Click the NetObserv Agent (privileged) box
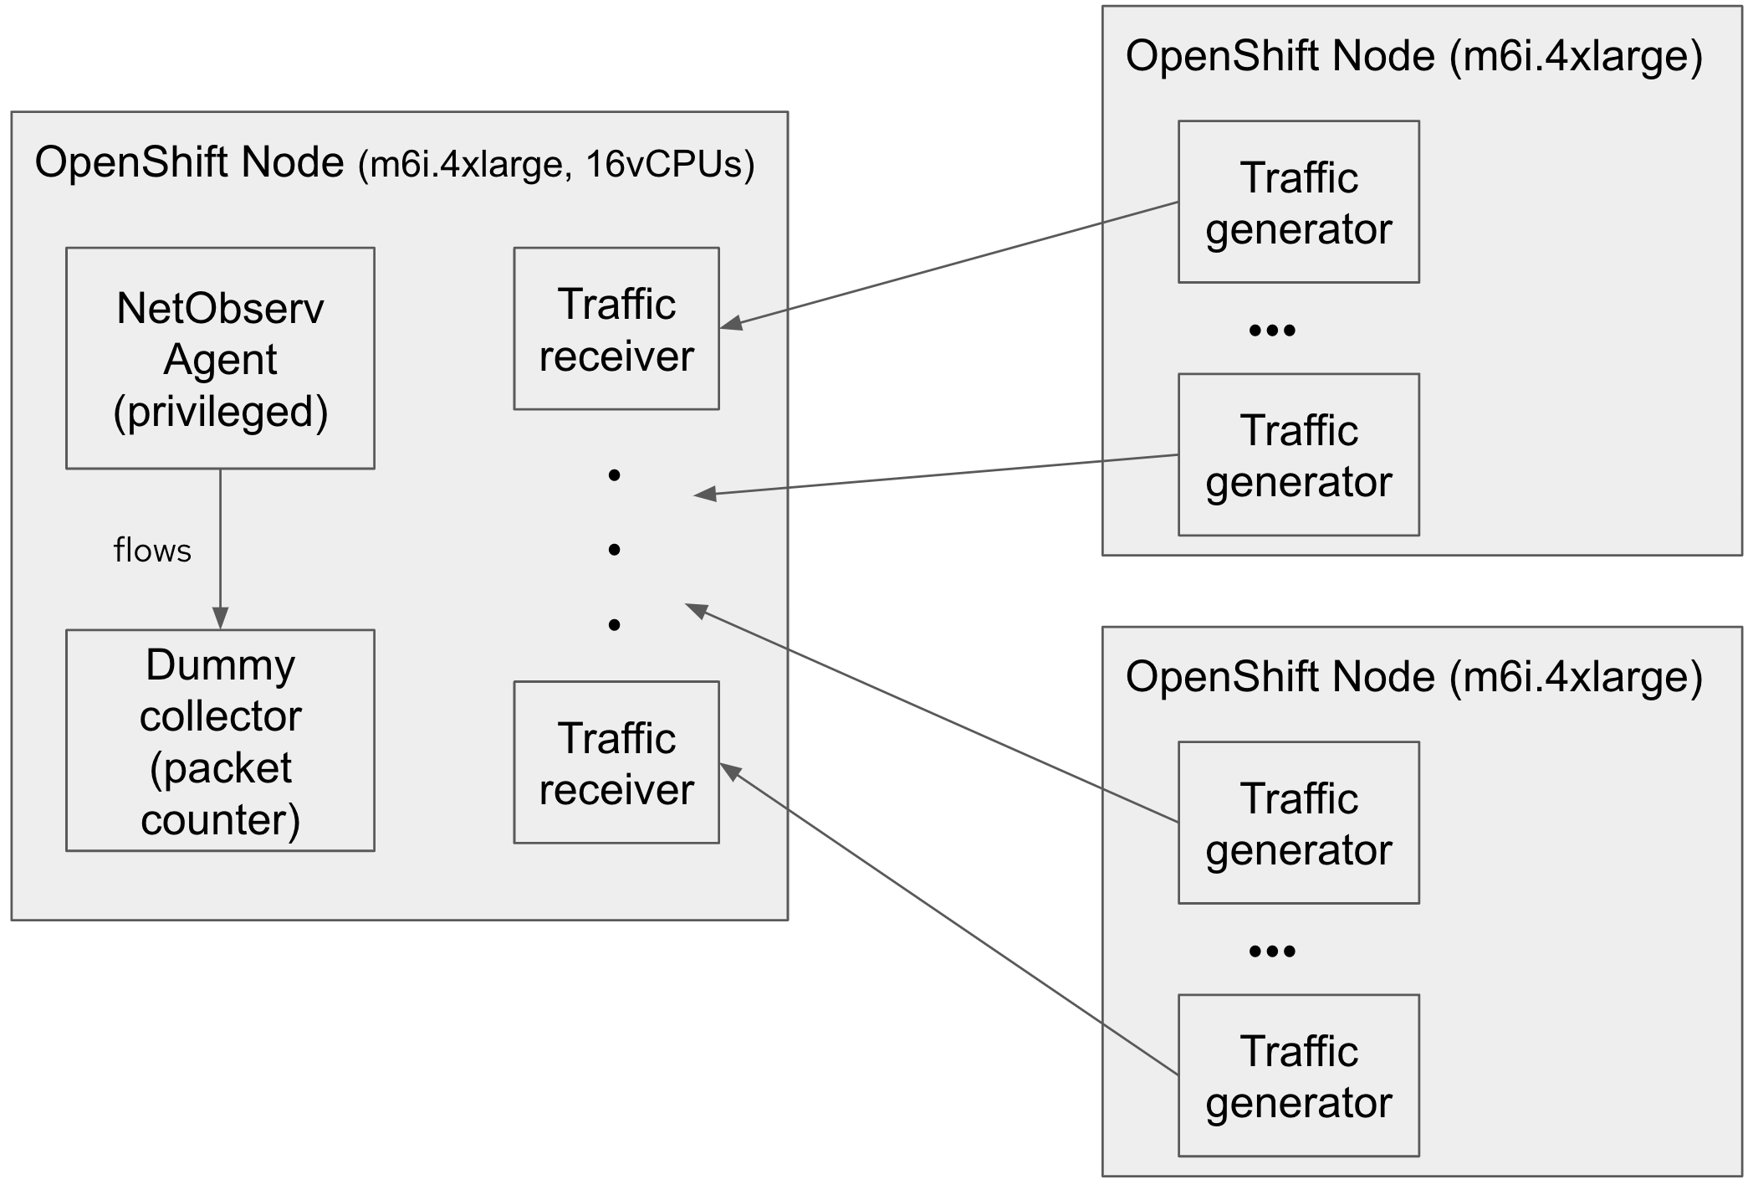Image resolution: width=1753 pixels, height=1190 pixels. pos(220,358)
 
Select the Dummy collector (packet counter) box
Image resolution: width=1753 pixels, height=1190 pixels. pos(220,741)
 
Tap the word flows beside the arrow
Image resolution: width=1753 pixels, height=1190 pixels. pos(152,551)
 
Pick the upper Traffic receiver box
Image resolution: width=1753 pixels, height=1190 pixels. pos(616,328)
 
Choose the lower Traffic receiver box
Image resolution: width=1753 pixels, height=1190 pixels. pos(616,762)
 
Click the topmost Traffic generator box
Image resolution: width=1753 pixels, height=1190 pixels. pos(1298,202)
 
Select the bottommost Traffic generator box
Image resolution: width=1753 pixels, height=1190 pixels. pos(1298,1075)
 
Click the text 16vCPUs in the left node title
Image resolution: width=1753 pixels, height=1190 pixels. pos(669,164)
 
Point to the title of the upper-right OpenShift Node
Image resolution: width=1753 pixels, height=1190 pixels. pos(1413,56)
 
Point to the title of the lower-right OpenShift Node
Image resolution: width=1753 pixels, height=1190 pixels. pos(1413,677)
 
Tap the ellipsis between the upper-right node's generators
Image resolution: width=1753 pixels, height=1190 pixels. pos(1271,331)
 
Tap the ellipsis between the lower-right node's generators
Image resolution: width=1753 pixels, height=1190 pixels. pos(1271,951)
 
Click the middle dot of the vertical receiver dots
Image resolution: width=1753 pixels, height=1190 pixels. pos(615,550)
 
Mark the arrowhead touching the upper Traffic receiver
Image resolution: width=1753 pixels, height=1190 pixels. pos(729,324)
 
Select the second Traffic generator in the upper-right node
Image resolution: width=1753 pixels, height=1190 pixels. pos(1298,454)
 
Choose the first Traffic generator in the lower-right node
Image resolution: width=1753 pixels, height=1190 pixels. pos(1298,823)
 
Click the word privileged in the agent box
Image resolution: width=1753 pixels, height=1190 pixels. pos(221,411)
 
